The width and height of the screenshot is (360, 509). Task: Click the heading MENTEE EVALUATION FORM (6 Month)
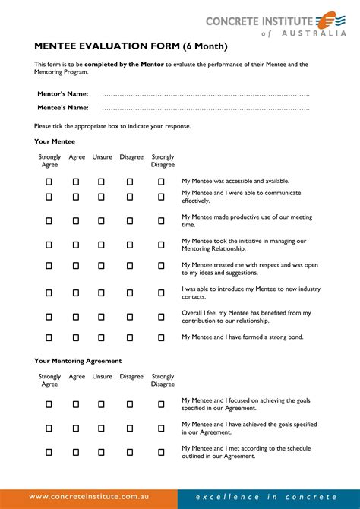coord(130,46)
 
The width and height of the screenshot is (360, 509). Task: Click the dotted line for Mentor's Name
coord(205,94)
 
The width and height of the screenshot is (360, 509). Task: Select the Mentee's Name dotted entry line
coord(205,109)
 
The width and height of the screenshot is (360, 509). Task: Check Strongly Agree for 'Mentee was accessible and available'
coord(49,182)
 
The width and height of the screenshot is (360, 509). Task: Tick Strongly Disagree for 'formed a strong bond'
coord(161,337)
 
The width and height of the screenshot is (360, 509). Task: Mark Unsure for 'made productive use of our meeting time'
coord(102,221)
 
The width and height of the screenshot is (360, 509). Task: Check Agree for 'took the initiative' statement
coord(76,245)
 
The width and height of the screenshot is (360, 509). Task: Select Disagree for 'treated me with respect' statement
coord(130,266)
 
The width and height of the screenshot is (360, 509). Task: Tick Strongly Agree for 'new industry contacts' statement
coord(49,293)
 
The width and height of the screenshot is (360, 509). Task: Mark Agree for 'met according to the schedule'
coord(76,452)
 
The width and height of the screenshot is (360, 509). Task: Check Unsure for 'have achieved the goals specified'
coord(102,428)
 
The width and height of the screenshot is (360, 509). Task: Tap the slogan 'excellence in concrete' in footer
coord(265,497)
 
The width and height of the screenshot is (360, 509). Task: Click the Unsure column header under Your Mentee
coord(102,157)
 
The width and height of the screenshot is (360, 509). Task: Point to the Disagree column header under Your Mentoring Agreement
coord(131,376)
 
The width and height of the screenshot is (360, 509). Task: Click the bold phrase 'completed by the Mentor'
coord(124,65)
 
